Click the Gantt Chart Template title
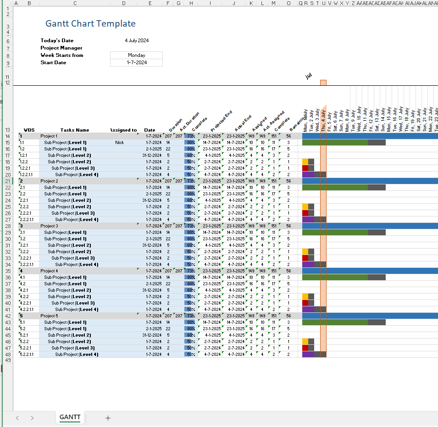click(x=90, y=24)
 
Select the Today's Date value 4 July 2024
click(x=137, y=40)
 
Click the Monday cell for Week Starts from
click(x=137, y=55)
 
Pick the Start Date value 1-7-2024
click(x=137, y=62)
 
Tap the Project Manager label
click(x=61, y=48)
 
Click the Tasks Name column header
click(x=75, y=130)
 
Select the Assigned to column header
click(x=123, y=130)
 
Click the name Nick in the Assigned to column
click(x=120, y=143)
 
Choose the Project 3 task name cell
click(x=50, y=226)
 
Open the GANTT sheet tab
click(x=70, y=417)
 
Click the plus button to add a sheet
click(x=108, y=418)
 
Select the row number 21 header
click(x=7, y=181)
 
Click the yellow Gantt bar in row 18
click(x=305, y=162)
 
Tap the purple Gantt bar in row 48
click(x=308, y=355)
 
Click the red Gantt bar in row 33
click(x=305, y=258)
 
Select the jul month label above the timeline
click(x=309, y=76)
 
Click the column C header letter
click(x=75, y=4)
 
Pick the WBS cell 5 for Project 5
click(x=22, y=316)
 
